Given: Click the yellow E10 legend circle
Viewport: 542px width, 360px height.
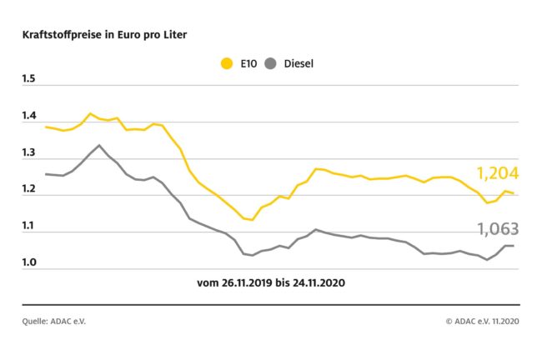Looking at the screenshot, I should click(226, 62).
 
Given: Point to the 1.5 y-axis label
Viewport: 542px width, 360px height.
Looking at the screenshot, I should click(29, 80).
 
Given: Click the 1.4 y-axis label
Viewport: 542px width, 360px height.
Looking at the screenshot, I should click(29, 117).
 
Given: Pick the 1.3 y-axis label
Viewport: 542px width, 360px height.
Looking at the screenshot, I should click(29, 154).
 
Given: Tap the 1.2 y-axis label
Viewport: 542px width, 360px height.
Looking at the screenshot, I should click(29, 190).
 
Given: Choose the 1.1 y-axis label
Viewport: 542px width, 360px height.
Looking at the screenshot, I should click(29, 227).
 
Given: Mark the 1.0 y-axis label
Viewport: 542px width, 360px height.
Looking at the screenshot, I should click(29, 263).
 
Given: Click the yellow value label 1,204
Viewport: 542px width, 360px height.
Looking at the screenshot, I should click(497, 173).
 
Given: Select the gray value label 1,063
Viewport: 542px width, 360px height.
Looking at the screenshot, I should click(497, 228).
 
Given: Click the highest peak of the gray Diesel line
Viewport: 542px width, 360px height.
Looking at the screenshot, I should click(99, 145).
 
